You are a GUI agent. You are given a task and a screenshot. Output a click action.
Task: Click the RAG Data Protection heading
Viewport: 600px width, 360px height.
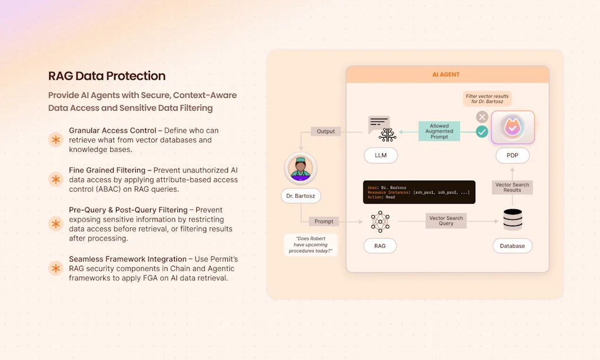[107, 76]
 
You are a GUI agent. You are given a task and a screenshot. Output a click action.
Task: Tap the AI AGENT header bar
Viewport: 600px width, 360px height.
[446, 74]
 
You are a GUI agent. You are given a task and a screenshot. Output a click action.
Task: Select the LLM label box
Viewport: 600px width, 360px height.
[380, 155]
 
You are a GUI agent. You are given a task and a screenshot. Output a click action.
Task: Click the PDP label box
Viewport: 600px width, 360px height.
[512, 155]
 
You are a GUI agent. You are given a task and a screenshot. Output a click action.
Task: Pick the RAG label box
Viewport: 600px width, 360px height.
[380, 246]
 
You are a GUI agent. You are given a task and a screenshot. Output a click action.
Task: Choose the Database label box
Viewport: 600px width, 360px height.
[512, 246]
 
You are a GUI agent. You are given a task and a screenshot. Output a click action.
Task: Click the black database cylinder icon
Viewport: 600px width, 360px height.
[512, 220]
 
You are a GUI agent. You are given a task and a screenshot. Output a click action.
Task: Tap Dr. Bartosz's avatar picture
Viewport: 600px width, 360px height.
[301, 169]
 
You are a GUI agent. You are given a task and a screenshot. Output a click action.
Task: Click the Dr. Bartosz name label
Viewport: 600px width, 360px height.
[301, 196]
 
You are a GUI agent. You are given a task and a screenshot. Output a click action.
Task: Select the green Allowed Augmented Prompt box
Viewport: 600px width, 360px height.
[439, 131]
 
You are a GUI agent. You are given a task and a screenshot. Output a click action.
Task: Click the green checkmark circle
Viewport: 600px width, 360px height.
[482, 132]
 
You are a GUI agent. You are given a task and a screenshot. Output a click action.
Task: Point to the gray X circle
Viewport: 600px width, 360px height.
[482, 117]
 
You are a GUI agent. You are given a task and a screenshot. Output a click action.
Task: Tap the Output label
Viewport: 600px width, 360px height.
[326, 131]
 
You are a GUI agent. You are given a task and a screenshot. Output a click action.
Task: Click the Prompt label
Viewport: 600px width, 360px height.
[323, 222]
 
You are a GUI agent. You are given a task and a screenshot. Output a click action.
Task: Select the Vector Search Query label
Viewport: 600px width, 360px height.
[446, 220]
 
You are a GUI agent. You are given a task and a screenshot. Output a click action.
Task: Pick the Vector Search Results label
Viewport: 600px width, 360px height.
[512, 187]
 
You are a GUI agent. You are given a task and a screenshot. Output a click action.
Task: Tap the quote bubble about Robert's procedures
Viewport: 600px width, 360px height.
[311, 244]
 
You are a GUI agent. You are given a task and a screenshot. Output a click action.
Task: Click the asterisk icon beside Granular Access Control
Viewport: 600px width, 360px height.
[56, 140]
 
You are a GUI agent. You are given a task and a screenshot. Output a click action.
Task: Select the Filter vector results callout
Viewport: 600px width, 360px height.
[486, 98]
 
